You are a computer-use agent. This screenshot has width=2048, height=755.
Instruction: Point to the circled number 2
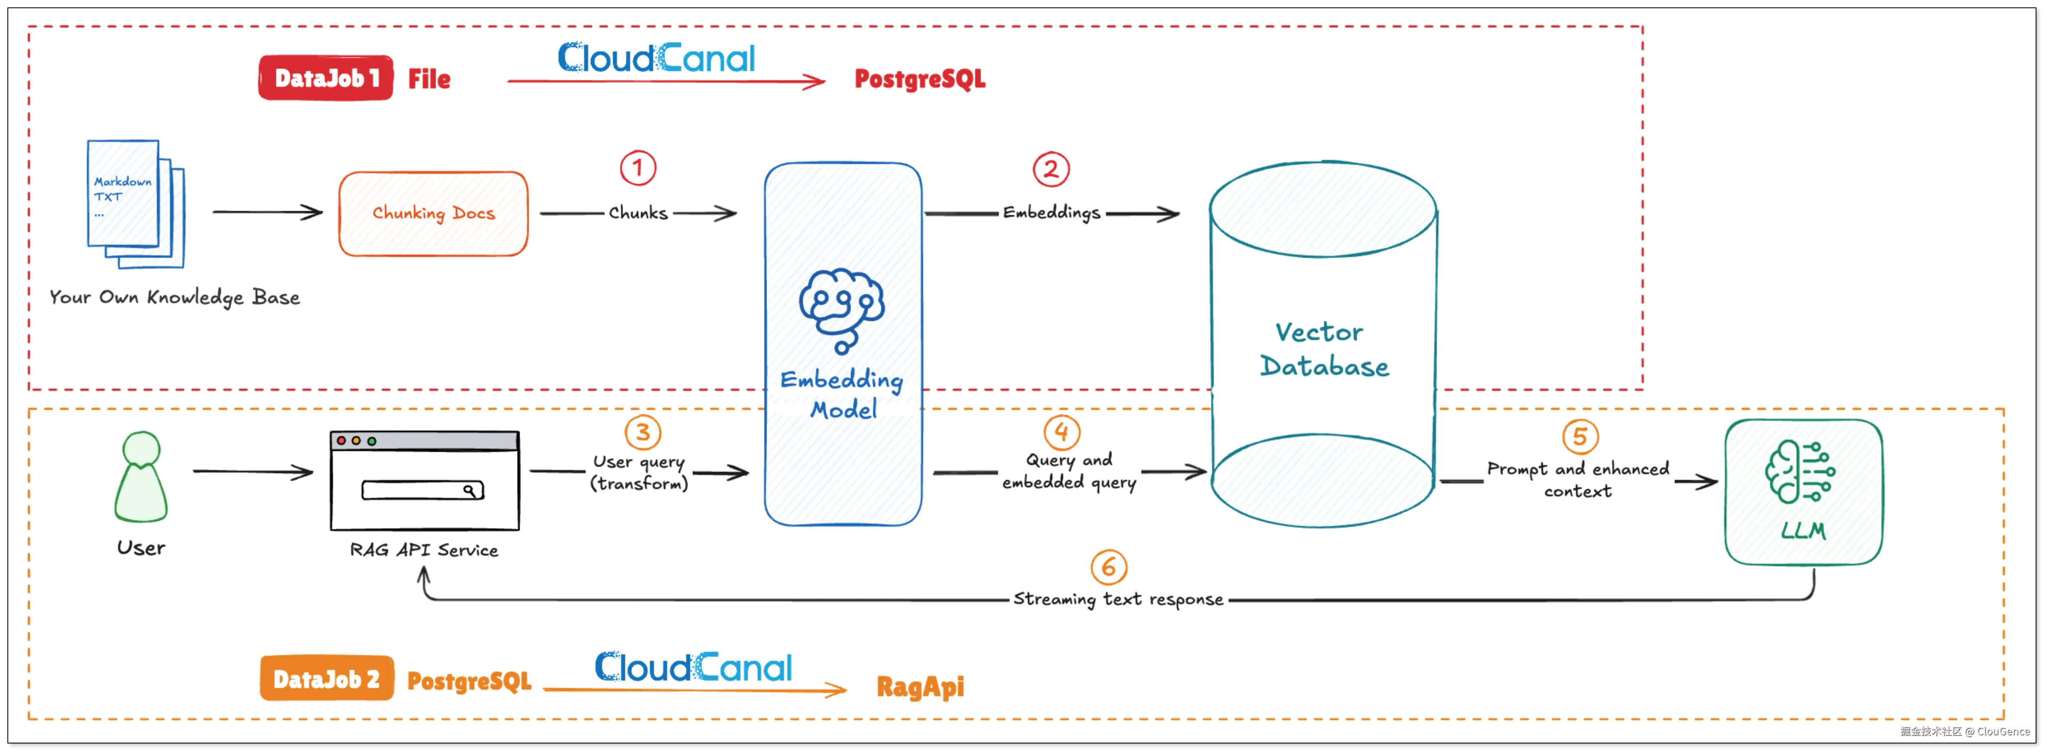point(1051,169)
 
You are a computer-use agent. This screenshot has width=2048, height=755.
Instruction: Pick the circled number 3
point(642,432)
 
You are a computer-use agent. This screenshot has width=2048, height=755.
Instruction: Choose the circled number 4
point(1061,432)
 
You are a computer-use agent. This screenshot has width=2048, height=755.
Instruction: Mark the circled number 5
point(1580,436)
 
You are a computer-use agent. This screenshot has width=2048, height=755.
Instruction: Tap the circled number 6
point(1108,567)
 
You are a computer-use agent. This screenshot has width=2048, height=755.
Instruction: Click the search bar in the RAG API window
point(422,490)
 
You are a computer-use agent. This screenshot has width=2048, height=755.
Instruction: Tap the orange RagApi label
point(920,687)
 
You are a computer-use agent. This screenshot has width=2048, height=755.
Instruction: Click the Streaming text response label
point(1118,599)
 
